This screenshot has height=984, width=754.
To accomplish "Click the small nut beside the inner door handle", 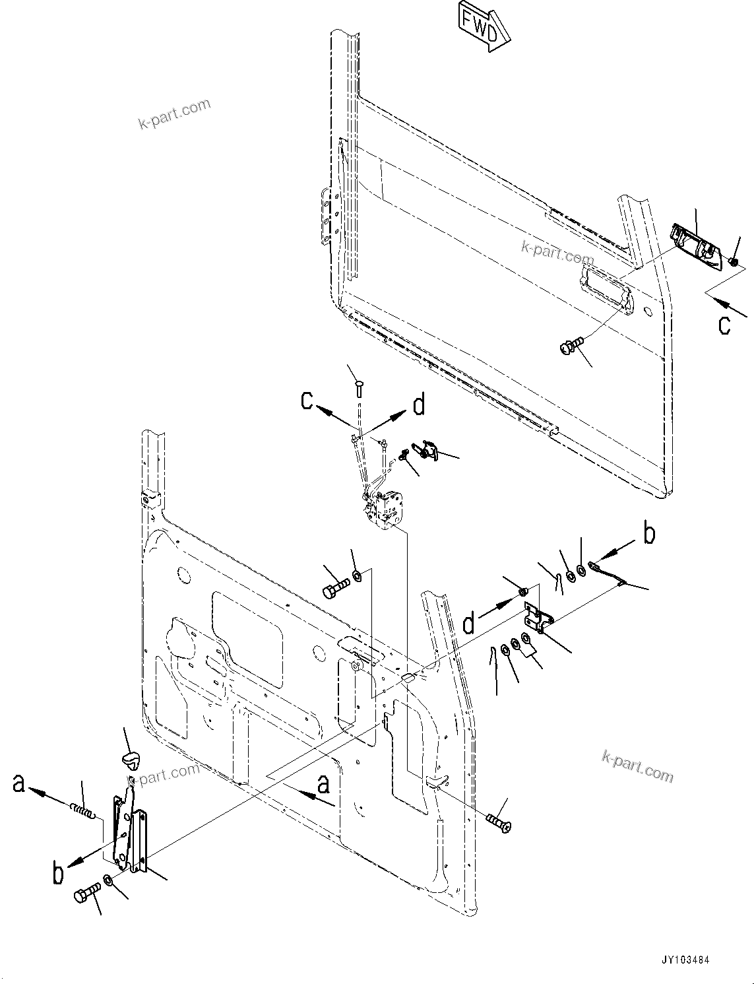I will tap(734, 262).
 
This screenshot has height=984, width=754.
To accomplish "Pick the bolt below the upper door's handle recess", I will tap(571, 344).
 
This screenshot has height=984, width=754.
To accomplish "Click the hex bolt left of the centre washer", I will tap(336, 587).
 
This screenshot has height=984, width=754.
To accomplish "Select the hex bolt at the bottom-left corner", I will tap(86, 896).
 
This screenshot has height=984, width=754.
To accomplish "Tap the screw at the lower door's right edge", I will tap(498, 822).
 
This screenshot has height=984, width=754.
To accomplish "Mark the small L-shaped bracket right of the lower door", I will tap(538, 618).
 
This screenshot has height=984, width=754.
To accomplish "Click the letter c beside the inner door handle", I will tap(725, 325).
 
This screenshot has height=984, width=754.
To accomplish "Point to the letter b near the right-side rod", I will tap(649, 535).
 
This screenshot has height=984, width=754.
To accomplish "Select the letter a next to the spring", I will tap(19, 783).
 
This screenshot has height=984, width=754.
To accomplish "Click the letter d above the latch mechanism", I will tap(419, 405).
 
